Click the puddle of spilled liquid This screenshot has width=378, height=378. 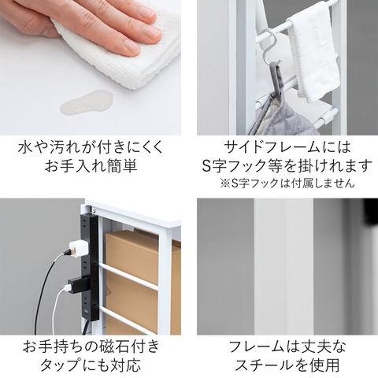pyautogui.click(x=87, y=102)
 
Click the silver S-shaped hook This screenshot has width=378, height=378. pyautogui.click(x=270, y=49)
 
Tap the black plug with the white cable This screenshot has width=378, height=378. pyautogui.click(x=76, y=285)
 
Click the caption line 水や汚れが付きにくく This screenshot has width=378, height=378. pyautogui.click(x=91, y=147)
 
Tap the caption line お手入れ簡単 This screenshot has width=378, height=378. pyautogui.click(x=91, y=166)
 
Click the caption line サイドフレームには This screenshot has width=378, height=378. pyautogui.click(x=287, y=147)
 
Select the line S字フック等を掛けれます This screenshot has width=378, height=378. pyautogui.click(x=287, y=165)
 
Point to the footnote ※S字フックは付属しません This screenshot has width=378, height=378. pyautogui.click(x=287, y=183)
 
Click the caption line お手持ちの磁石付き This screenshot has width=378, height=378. pyautogui.click(x=91, y=346)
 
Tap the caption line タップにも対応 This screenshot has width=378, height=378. pyautogui.click(x=91, y=365)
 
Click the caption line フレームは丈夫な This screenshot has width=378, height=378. pyautogui.click(x=287, y=346)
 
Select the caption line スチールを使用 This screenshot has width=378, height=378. pyautogui.click(x=287, y=365)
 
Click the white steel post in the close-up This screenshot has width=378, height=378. pyautogui.click(x=283, y=266)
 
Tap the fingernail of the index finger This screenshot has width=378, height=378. pyautogui.click(x=150, y=34)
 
